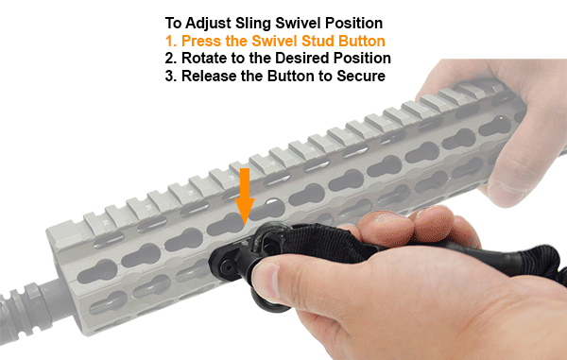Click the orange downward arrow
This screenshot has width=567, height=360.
pos(245,197)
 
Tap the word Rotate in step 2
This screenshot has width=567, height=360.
pos(206,58)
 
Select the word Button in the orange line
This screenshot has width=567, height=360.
pos(362,41)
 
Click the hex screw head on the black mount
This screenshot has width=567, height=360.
pos(228,267)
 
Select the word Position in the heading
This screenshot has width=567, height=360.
pos(353,24)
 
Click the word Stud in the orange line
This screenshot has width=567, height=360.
pos(318,41)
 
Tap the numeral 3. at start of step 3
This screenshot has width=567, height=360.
pos(171,76)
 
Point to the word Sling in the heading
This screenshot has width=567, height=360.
pos(253,24)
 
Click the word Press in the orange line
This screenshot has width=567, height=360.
pos(201,41)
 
